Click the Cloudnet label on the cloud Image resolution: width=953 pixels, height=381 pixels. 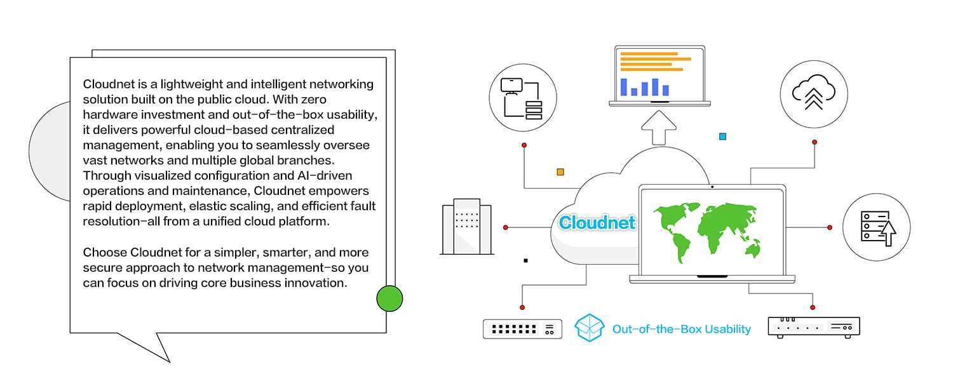(597, 223)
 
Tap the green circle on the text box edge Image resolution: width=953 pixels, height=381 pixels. (389, 298)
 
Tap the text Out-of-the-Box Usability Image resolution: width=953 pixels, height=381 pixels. (681, 329)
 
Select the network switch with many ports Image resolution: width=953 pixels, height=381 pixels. (522, 328)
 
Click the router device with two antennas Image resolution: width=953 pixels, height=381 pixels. (813, 326)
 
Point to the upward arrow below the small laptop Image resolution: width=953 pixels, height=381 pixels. (659, 128)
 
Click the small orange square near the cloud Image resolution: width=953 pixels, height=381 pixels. (560, 171)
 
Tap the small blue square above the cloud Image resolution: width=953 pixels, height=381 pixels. (722, 137)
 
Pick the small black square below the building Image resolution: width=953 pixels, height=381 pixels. (525, 260)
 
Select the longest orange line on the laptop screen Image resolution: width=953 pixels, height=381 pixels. (655, 59)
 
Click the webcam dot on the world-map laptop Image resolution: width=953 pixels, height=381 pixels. (712, 187)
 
